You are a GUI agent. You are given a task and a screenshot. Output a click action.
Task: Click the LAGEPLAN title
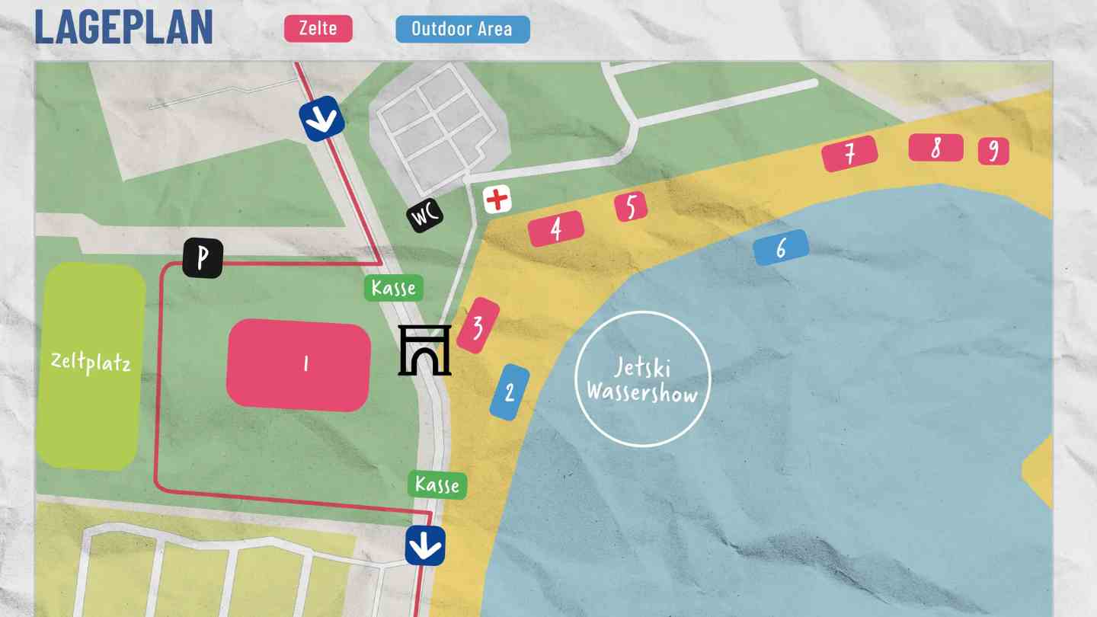(123, 27)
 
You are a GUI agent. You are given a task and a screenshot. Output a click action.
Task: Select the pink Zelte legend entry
(318, 29)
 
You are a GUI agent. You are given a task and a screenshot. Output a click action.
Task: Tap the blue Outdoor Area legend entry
(462, 29)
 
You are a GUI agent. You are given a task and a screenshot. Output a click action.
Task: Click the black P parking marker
(203, 258)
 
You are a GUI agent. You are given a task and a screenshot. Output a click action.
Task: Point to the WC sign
(425, 216)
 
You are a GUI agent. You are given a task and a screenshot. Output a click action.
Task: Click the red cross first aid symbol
(497, 200)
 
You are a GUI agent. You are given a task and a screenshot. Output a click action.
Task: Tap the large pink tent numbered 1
(299, 364)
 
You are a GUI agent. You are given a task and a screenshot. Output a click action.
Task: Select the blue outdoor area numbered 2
(510, 392)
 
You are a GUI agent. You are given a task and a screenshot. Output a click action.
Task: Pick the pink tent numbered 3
(478, 326)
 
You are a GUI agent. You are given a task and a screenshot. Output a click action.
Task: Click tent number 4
(556, 229)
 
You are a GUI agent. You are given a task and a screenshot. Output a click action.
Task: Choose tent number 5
(631, 206)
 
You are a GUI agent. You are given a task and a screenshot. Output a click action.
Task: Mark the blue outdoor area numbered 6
(780, 248)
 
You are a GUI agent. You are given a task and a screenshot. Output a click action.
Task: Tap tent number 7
(849, 154)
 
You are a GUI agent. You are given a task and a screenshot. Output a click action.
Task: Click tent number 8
(935, 148)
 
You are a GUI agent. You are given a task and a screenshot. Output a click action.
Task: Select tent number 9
(993, 151)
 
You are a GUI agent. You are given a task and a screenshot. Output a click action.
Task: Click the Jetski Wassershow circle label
(642, 379)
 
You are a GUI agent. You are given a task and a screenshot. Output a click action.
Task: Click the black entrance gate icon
(424, 350)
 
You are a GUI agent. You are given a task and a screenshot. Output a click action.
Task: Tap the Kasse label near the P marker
(393, 288)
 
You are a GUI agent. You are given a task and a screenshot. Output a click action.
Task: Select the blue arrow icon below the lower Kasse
(424, 545)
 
